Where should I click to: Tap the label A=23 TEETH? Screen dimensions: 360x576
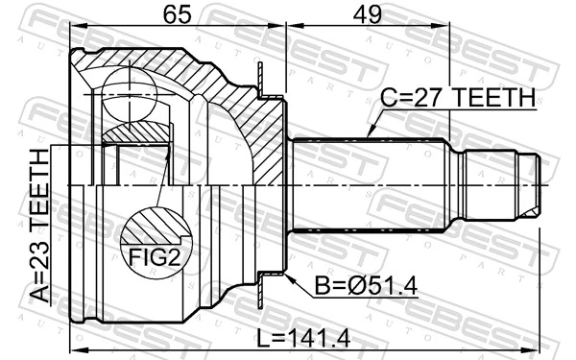39,226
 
